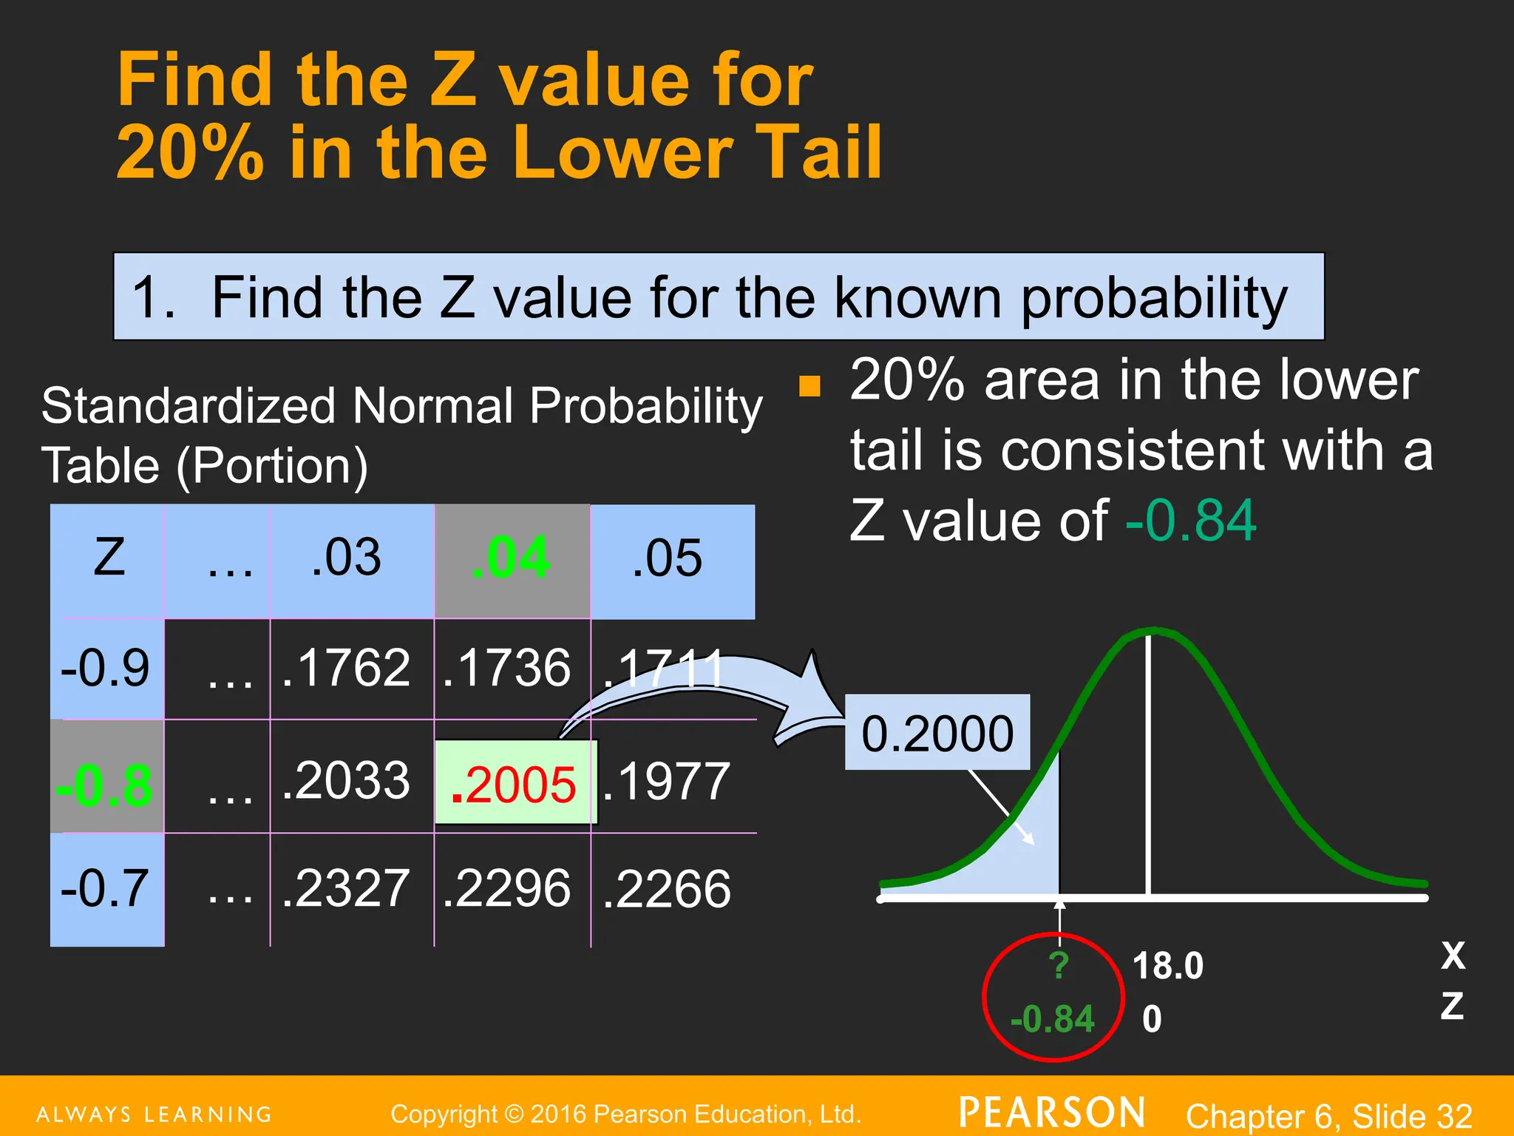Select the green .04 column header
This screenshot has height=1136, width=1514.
(x=512, y=559)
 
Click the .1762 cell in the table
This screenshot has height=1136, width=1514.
(x=346, y=668)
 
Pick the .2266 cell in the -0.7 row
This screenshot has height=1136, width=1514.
(x=667, y=888)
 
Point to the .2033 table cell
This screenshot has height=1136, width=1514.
(x=346, y=781)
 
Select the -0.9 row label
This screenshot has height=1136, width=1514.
(x=105, y=668)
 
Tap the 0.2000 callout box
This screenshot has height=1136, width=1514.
(x=937, y=733)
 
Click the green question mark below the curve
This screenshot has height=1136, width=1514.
(x=1059, y=965)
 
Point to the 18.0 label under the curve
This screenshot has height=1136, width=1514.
(x=1168, y=966)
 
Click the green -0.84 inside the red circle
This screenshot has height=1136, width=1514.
(x=1052, y=1019)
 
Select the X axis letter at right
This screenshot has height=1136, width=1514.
(x=1453, y=956)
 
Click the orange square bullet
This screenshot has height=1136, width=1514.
(x=810, y=387)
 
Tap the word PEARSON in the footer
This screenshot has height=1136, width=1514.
(x=1052, y=1113)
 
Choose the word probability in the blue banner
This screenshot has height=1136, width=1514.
(x=1154, y=297)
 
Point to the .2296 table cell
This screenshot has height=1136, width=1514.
(x=507, y=888)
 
